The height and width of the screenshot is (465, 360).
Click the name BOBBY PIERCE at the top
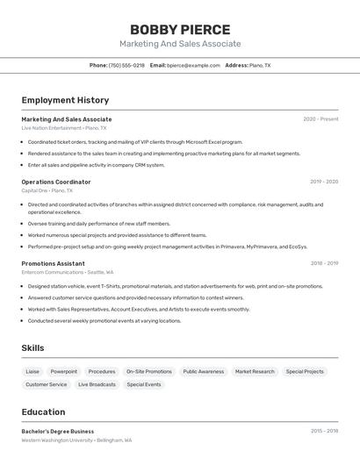point(180,30)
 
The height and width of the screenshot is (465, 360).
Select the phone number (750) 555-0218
point(126,66)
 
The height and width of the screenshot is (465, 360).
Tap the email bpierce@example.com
point(194,66)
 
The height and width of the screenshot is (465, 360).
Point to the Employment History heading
point(65,101)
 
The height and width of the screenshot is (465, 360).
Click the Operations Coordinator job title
point(56,182)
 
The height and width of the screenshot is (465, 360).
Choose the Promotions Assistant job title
point(53,263)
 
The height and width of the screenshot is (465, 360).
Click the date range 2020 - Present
point(320,119)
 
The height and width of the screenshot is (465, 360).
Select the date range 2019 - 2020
point(323,182)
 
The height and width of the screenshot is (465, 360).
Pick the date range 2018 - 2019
point(323,263)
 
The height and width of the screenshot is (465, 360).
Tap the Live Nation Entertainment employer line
point(60,128)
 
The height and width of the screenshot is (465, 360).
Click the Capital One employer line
point(47,190)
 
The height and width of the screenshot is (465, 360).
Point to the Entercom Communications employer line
point(68,272)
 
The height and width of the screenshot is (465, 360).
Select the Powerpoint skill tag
point(63,371)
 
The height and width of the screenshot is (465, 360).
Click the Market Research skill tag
point(255,371)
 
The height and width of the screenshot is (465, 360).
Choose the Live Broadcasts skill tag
point(97,384)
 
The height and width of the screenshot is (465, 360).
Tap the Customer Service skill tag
point(46,384)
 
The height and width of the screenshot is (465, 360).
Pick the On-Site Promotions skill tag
point(148,371)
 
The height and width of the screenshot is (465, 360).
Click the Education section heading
point(43,412)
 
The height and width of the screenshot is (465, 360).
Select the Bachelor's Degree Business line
point(57,432)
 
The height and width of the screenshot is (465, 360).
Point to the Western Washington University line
point(76,440)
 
